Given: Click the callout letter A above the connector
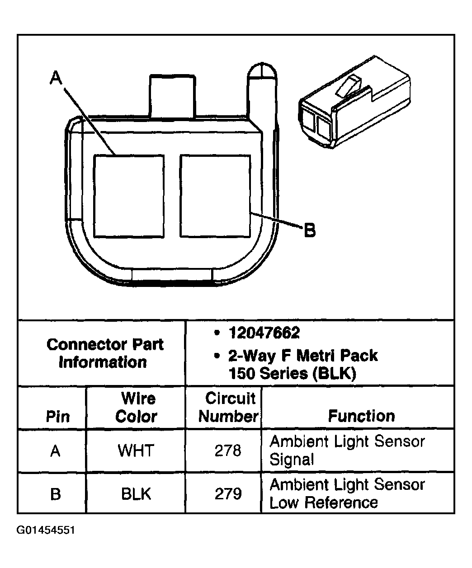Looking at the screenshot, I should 56,79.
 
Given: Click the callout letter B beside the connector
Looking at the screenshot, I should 309,231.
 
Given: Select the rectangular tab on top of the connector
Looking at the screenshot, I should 173,96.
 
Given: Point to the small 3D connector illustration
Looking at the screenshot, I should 354,103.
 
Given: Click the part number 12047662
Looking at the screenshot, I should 264,333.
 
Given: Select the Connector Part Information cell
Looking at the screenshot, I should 105,353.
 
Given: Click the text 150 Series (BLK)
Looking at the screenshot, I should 293,373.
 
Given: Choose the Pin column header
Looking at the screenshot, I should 58,416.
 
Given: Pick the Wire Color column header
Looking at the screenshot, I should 136,407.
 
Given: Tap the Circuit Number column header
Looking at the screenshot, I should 229,407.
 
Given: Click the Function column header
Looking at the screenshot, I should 361,416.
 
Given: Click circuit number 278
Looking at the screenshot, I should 228,451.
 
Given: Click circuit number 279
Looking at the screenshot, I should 228,494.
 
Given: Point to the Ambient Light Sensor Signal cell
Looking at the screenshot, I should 347,451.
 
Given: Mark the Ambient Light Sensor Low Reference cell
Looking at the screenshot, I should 347,493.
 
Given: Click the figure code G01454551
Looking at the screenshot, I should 46,530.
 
